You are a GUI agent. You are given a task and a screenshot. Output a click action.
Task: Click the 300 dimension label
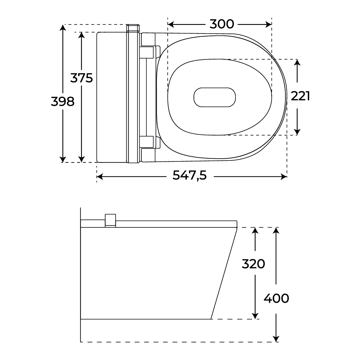tap(222, 24)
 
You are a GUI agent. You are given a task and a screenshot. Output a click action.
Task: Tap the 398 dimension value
tap(63, 102)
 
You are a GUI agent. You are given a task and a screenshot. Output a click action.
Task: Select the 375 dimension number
tap(82, 78)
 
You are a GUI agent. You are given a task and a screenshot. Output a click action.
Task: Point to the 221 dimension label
tap(300, 96)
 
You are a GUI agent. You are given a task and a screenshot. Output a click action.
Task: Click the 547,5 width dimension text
tap(189, 175)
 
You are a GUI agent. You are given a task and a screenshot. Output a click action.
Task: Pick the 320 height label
tap(253, 264)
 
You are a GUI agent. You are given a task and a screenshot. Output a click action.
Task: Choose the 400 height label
tap(276, 298)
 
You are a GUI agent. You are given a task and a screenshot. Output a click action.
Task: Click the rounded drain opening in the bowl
tap(214, 97)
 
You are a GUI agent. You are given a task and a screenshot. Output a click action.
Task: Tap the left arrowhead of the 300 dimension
tap(171, 24)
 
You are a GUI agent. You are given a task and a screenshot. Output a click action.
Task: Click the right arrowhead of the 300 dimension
tap(268, 24)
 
